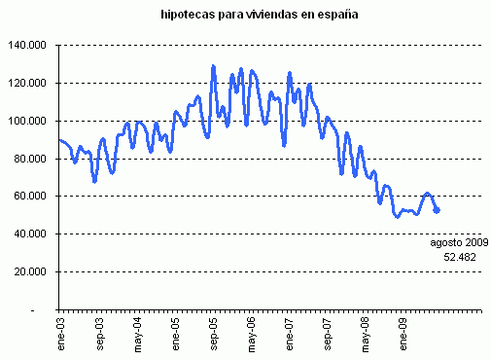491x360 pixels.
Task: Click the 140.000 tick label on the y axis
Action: (30, 46)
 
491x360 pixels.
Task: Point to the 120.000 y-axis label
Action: (30, 84)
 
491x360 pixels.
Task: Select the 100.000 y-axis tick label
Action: (30, 122)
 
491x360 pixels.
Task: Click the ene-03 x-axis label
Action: (61, 332)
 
